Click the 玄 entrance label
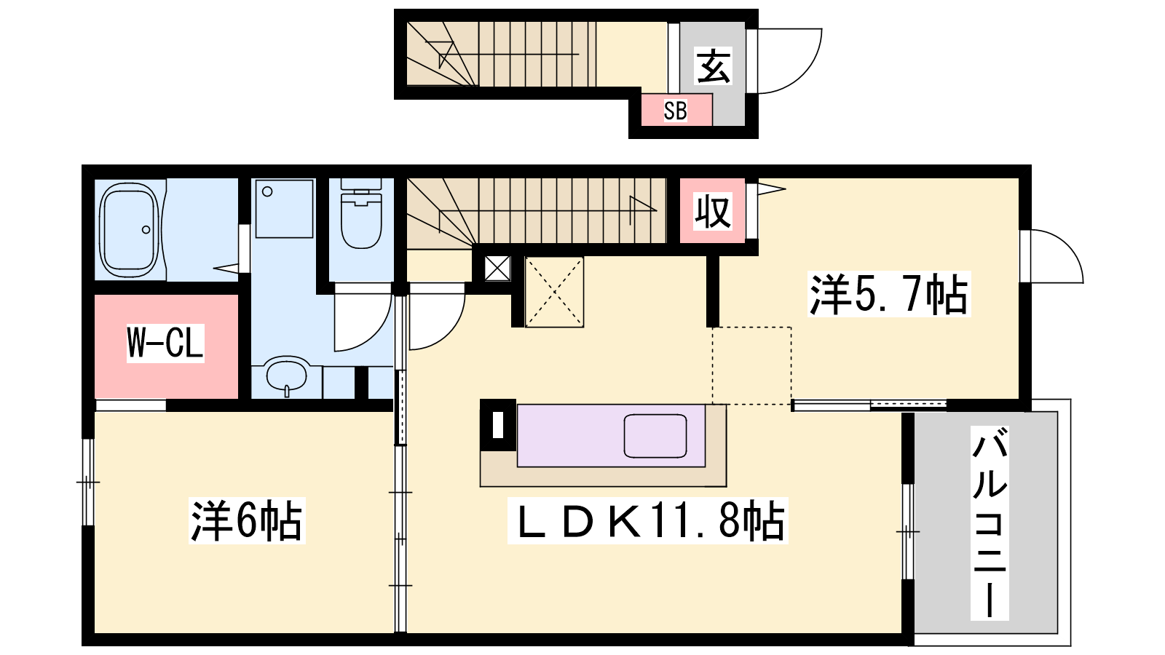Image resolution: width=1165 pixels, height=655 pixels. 713,66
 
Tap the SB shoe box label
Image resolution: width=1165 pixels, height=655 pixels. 675,111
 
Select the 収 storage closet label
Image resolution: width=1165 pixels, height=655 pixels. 713,211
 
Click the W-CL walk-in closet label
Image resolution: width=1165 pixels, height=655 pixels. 165,343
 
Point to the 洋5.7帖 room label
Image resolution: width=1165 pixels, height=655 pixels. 889,294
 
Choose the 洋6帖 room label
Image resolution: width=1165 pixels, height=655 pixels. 247,521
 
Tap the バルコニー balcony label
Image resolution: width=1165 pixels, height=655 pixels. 990,523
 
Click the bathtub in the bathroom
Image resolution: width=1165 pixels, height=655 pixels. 129,230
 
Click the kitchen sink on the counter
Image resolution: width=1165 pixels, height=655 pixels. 655,436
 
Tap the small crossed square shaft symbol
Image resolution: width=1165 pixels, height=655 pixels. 497,269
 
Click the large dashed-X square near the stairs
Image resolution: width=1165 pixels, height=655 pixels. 554,292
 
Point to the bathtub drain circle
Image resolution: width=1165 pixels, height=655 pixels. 146,230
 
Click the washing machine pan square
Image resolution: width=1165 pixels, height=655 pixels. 285,208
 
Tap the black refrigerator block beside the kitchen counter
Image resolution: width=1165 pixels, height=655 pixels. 498,425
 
